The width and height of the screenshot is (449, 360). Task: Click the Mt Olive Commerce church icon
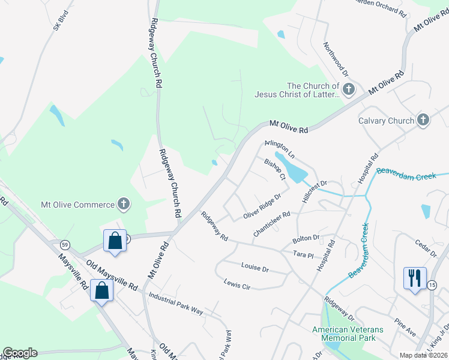(124, 205)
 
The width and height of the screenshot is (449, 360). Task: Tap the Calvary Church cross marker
(423, 121)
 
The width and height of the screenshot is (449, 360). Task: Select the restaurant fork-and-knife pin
(415, 278)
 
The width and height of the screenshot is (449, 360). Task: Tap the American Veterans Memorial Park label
(343, 334)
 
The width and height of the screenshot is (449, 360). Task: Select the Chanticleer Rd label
(272, 223)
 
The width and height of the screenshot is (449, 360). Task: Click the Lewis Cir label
(237, 284)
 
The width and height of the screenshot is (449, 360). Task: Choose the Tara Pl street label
(304, 255)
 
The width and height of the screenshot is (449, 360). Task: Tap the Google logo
(20, 353)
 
